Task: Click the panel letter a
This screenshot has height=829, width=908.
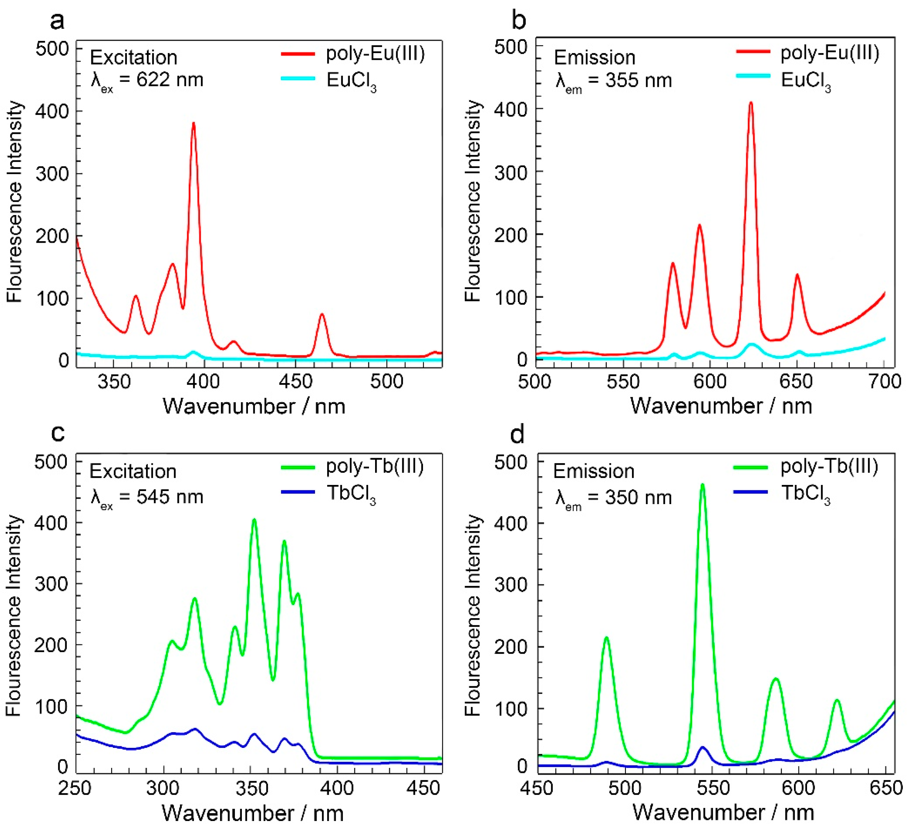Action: pos(57,21)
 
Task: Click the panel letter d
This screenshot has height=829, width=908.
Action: pos(517,434)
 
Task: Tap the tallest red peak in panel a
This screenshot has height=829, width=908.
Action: pos(194,123)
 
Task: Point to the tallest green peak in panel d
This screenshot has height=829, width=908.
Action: pos(702,485)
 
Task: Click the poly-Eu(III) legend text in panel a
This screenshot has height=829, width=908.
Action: pos(375,54)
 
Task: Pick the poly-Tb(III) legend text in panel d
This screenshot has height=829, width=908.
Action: pos(829,466)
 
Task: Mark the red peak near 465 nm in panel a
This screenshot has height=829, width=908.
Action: pos(322,314)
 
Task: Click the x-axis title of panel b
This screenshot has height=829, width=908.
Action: pos(721,406)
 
